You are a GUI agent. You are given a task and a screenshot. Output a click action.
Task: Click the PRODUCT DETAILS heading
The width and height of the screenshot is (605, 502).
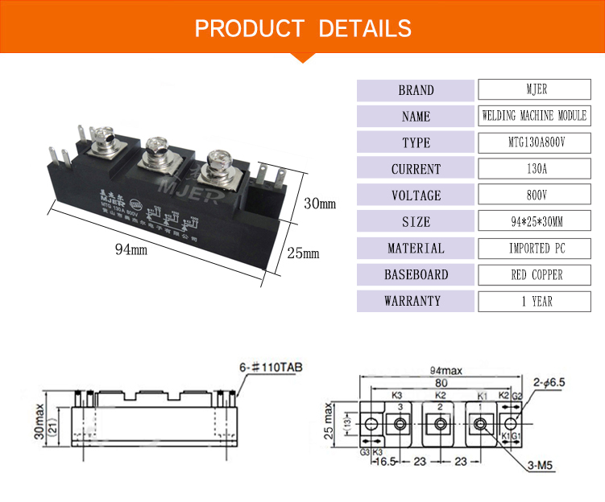coord(303,29)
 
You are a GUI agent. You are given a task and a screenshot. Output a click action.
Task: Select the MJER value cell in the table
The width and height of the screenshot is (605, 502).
coord(534,90)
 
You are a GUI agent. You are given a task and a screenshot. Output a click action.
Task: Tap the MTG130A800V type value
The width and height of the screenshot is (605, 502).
coord(534,142)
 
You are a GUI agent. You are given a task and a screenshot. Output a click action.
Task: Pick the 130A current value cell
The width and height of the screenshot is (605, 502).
coord(534,169)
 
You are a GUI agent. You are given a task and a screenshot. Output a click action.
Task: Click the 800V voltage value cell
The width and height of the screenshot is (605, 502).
coord(534,195)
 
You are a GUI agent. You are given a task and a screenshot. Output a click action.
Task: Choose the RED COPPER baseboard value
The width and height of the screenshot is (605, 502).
coord(534,275)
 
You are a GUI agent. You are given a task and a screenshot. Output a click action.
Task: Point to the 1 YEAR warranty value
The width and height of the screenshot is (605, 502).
coord(534,302)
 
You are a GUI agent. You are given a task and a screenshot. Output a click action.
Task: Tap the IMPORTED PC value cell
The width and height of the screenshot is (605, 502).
coord(534,249)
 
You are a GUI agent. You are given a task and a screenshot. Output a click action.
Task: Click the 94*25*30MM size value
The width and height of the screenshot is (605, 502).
coord(534,222)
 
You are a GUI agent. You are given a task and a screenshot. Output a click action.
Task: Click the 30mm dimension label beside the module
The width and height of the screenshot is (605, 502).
coord(319,204)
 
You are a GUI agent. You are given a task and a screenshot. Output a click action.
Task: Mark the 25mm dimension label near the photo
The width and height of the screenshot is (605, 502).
coord(304,253)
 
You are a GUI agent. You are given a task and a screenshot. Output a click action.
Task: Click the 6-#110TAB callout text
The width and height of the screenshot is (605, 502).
coord(274,368)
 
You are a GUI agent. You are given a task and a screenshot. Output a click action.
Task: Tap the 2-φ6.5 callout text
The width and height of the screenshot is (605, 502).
coord(549,383)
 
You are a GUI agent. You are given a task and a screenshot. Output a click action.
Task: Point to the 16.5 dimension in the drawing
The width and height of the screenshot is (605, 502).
coord(387,464)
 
